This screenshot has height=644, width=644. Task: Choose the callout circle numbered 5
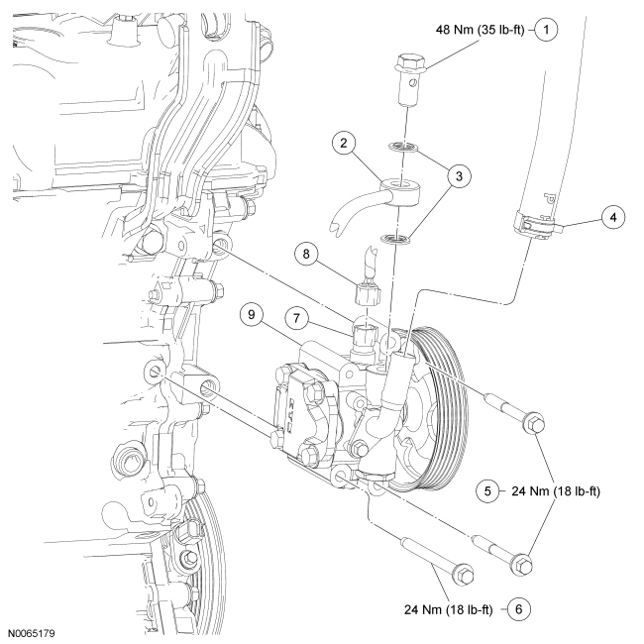point(487,489)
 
